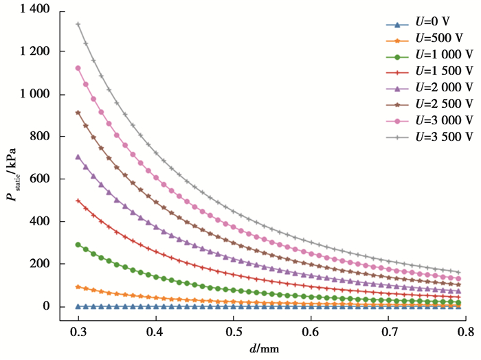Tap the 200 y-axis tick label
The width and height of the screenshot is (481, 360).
coord(42,264)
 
